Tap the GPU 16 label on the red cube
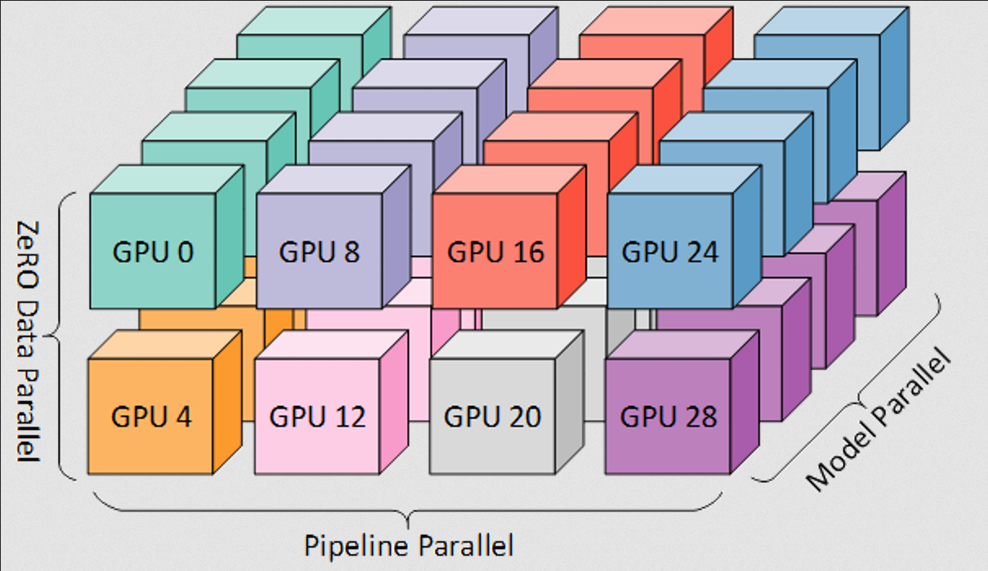point(495,252)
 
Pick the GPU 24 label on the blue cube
point(669,252)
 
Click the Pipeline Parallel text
point(409,545)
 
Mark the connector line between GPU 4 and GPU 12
point(248,421)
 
